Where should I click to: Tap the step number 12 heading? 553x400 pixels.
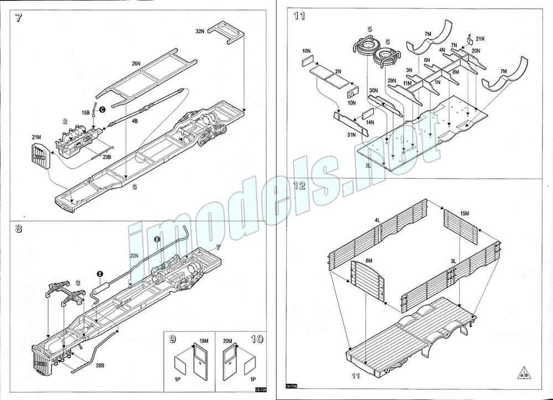[299, 185]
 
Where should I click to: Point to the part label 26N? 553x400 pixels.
[137, 64]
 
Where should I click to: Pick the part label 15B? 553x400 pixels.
[86, 112]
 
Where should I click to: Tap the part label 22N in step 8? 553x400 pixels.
[133, 256]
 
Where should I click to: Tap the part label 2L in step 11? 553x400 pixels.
[368, 165]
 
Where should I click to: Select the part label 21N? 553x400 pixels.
[479, 39]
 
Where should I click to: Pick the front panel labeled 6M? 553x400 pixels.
[367, 282]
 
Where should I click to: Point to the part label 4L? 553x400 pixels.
[377, 220]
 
